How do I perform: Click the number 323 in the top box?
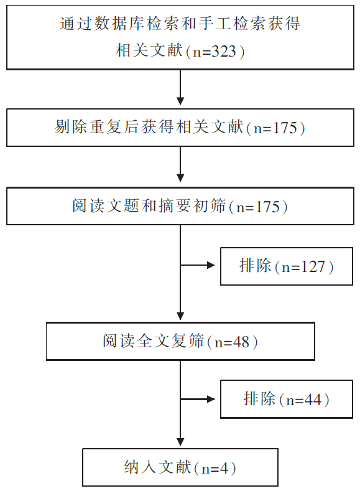[x=223, y=51]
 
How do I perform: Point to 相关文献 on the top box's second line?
[x=149, y=50]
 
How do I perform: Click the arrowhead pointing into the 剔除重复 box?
[x=180, y=101]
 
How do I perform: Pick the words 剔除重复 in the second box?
[x=88, y=127]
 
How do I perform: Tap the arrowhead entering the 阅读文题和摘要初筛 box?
[x=180, y=178]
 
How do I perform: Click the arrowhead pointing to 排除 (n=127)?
[x=211, y=265]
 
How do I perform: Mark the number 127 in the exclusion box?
[x=313, y=266]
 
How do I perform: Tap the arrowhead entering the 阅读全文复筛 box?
[x=180, y=316]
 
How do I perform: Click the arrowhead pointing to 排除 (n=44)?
[x=211, y=399]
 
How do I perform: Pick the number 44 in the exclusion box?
[x=313, y=400]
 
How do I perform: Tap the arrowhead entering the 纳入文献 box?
[x=180, y=442]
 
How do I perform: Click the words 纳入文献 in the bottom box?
[x=158, y=467]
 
